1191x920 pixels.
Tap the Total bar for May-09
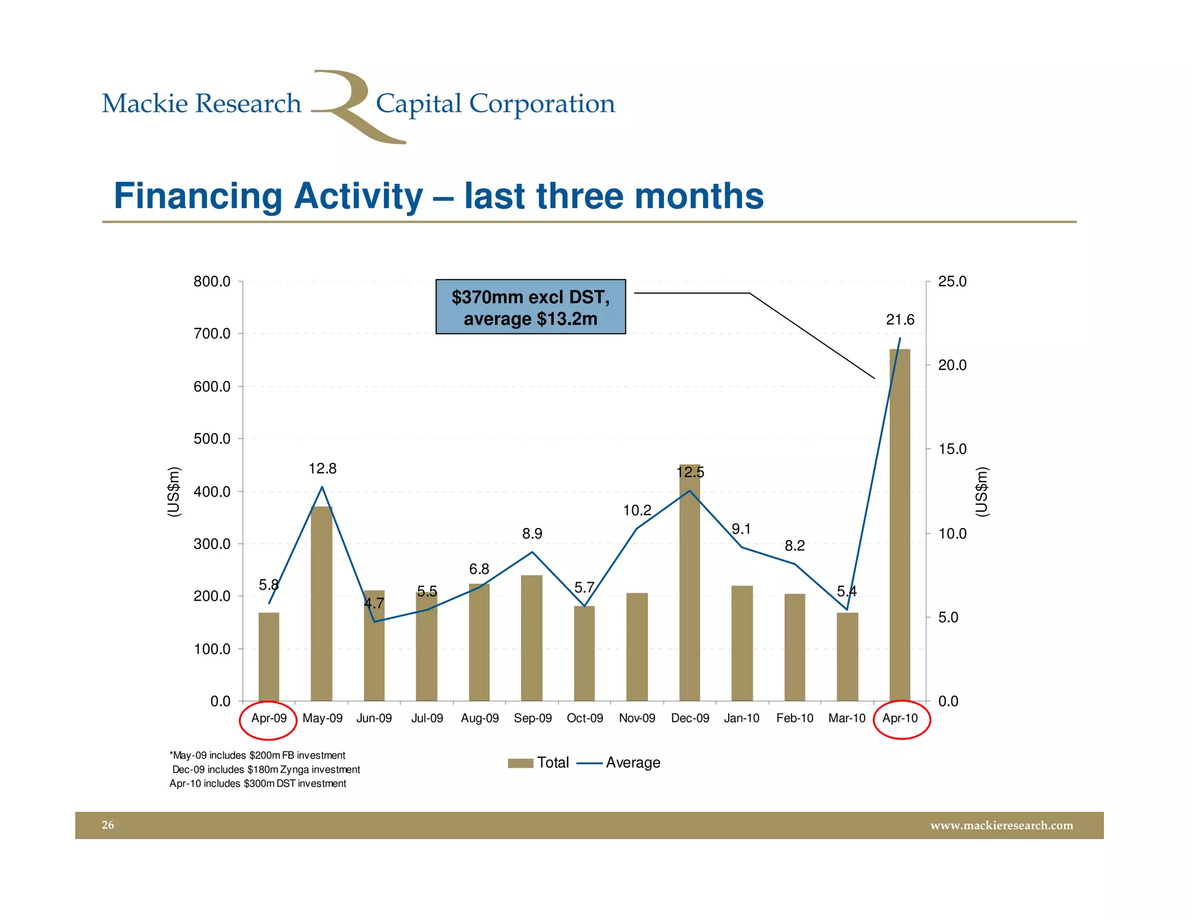(322, 605)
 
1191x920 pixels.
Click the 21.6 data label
(900, 320)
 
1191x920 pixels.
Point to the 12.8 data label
(322, 469)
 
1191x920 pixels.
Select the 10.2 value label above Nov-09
(637, 511)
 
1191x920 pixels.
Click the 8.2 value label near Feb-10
(794, 545)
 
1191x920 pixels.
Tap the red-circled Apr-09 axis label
(269, 718)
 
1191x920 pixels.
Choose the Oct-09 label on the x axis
(584, 718)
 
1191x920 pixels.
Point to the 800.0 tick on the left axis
(212, 282)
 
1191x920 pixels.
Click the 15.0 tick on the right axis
(952, 450)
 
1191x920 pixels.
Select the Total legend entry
(539, 763)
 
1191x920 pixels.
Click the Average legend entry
(620, 763)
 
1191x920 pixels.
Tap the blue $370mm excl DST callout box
(530, 307)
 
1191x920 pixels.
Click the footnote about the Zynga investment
(266, 770)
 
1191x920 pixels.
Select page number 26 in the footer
(108, 825)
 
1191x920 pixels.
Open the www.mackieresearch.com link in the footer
(1001, 826)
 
